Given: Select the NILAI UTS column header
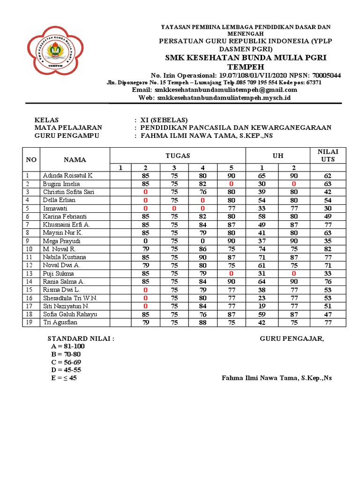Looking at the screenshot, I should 328,156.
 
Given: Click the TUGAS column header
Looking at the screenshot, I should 178,156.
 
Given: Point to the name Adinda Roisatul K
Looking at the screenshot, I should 68,176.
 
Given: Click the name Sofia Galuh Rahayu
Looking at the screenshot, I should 70,314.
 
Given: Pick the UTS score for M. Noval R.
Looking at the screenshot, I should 328,249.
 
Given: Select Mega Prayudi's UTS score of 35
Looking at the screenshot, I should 328,241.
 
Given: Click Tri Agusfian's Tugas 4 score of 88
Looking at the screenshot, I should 202,322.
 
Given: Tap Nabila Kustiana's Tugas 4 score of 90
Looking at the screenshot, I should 202,257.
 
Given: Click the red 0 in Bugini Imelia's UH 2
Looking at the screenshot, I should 294,184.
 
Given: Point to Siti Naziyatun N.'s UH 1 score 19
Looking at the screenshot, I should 262,306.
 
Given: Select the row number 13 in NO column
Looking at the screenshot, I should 29,273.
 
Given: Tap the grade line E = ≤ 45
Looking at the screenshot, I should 64,378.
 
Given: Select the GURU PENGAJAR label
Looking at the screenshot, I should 292,339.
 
